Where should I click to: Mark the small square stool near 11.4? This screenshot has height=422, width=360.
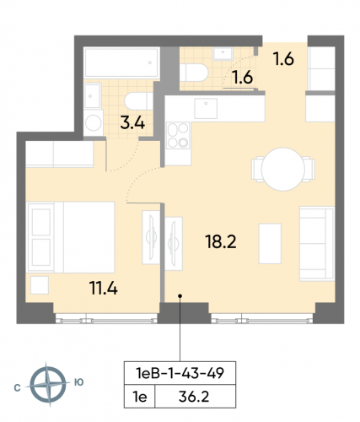40,284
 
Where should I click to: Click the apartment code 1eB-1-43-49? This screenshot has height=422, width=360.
180,371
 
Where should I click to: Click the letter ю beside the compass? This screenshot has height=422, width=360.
78,382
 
